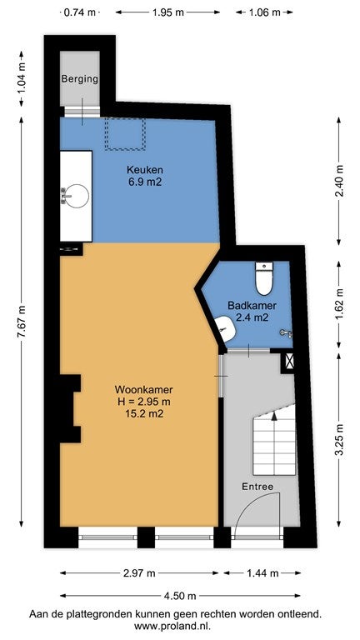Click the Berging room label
(x=80, y=79)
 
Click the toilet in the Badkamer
(x=264, y=278)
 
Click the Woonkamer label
(x=143, y=389)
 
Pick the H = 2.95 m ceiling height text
(x=143, y=402)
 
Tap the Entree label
(x=257, y=487)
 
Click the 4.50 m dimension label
(x=180, y=596)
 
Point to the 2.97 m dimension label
(x=140, y=573)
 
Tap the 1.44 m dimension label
(x=262, y=573)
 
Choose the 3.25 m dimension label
(x=339, y=440)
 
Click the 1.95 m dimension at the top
(x=167, y=12)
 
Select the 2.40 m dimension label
(x=339, y=181)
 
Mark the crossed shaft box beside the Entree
(x=289, y=361)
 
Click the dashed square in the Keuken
(x=125, y=133)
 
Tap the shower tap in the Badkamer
(x=286, y=333)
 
